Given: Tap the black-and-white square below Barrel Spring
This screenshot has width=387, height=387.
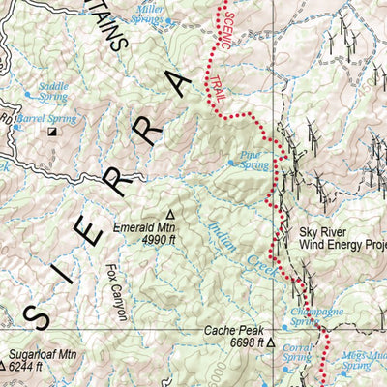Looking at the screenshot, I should (53, 131).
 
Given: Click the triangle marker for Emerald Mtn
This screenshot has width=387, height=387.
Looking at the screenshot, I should (171, 214).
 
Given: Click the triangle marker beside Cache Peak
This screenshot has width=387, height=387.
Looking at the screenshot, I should (272, 342).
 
